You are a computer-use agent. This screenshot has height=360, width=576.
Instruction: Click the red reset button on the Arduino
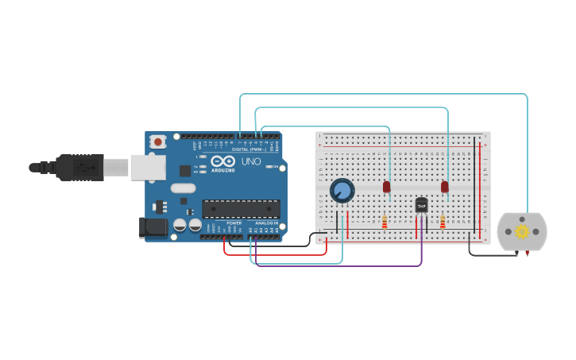(x=158, y=141)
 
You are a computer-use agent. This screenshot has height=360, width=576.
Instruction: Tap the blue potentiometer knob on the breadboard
(x=342, y=191)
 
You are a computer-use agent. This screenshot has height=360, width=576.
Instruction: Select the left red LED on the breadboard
(x=387, y=187)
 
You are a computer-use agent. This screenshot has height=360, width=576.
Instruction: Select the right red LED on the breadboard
(x=445, y=187)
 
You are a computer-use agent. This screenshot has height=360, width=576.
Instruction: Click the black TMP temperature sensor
(x=421, y=205)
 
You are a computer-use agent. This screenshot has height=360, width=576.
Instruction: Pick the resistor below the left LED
(x=385, y=222)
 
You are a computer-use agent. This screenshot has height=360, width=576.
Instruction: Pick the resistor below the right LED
(x=443, y=222)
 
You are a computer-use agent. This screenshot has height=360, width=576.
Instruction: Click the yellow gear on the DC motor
(x=522, y=231)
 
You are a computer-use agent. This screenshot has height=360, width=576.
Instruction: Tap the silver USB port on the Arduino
(x=148, y=167)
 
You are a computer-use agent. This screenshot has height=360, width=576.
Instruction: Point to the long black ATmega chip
(x=241, y=209)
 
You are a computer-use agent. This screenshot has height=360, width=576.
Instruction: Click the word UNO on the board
(x=251, y=161)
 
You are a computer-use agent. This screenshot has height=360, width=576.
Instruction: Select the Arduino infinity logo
(x=223, y=161)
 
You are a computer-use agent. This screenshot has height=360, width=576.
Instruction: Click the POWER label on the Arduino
(x=234, y=223)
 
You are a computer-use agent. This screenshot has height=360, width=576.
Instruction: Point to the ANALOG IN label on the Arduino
(x=266, y=223)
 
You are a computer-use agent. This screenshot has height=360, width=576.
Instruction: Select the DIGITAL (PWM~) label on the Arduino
(x=249, y=149)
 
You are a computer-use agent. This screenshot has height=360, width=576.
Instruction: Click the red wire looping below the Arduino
(x=274, y=254)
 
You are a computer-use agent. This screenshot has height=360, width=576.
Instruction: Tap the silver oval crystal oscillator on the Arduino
(x=183, y=188)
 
